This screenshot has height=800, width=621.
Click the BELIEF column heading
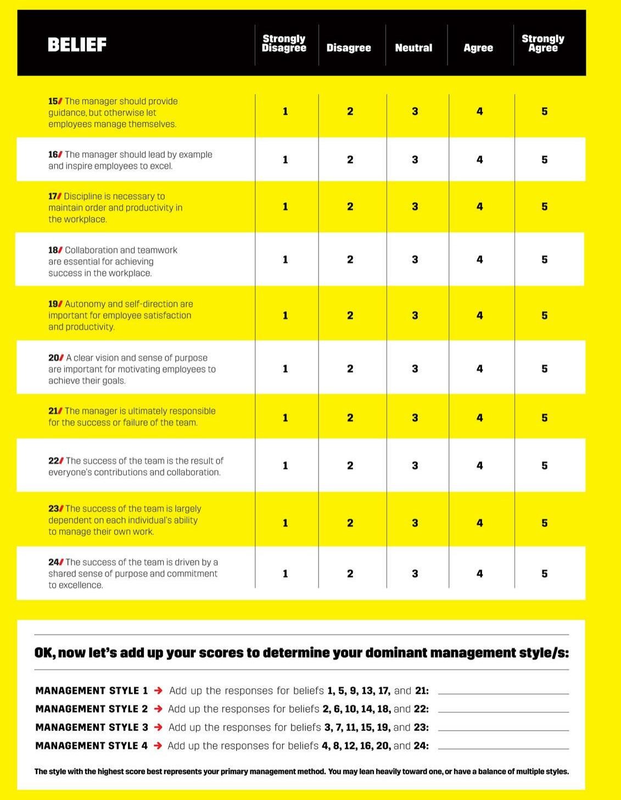tap(77, 44)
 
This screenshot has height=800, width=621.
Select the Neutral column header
tap(413, 48)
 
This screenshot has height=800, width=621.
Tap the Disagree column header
tap(349, 48)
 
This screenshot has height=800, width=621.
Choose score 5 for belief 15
tap(544, 111)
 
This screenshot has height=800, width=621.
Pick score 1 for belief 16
tap(285, 160)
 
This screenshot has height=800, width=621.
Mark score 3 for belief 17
tap(415, 207)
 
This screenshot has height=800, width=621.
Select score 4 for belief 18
tap(479, 260)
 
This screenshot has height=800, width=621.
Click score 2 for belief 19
tap(350, 316)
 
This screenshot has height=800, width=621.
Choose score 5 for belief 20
tap(544, 369)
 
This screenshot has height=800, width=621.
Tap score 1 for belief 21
tap(285, 418)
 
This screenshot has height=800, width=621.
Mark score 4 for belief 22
tap(479, 466)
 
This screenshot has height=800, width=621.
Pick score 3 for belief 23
tap(415, 523)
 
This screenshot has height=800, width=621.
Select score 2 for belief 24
tap(350, 574)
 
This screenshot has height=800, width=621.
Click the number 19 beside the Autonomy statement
tap(53, 304)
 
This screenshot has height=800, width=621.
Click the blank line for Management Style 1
tap(503, 693)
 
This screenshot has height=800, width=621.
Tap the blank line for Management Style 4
tap(503, 748)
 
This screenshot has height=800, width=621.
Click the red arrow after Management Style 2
tap(158, 709)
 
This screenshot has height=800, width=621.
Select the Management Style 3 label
tap(92, 728)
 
